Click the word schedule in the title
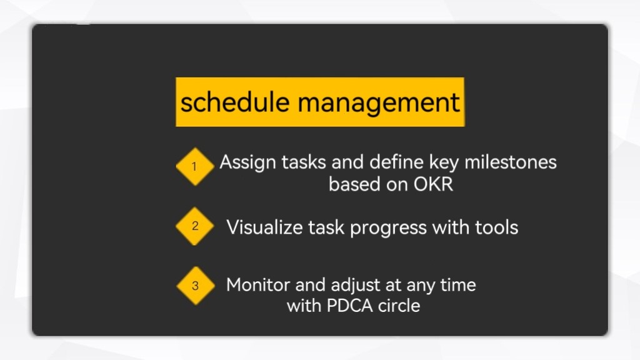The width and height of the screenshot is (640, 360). [x=235, y=102]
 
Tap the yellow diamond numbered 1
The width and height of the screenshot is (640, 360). [x=195, y=166]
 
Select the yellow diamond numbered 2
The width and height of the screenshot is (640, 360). [x=195, y=226]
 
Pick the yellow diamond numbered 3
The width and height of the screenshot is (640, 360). [x=196, y=286]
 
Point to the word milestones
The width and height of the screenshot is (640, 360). [x=510, y=162]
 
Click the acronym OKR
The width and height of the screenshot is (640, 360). [x=433, y=184]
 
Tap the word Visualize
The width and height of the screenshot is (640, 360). [x=264, y=227]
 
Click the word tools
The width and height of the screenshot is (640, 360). [x=496, y=227]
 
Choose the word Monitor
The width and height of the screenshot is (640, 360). [x=258, y=285]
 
